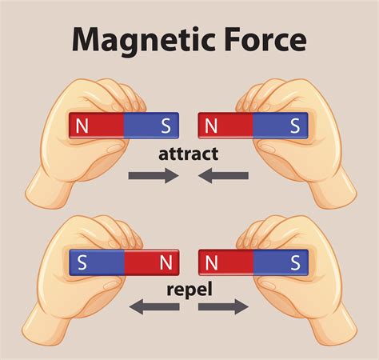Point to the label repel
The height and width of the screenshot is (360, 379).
(189, 285)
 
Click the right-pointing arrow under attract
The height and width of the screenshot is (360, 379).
(154, 176)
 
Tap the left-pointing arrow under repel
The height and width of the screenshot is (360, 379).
(154, 305)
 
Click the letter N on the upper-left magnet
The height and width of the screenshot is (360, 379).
(82, 126)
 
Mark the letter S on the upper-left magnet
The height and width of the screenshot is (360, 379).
(166, 126)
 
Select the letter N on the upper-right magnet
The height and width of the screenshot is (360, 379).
(212, 126)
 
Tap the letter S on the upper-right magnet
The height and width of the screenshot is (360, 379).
(295, 126)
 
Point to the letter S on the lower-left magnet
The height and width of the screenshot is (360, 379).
(82, 262)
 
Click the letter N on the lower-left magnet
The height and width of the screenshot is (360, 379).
(166, 262)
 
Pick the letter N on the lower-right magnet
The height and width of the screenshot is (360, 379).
(212, 262)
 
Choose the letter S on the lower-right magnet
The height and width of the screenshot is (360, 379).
(295, 262)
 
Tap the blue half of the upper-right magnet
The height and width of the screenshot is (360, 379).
(280, 126)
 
